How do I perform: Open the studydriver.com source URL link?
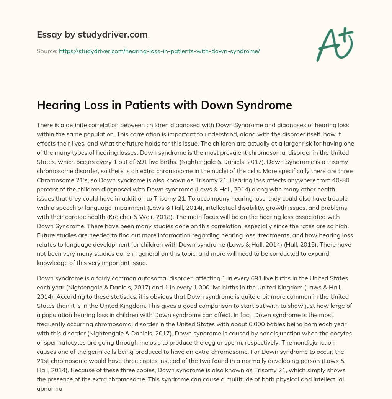point(159,51)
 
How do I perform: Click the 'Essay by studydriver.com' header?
point(92,34)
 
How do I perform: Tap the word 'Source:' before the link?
point(47,51)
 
